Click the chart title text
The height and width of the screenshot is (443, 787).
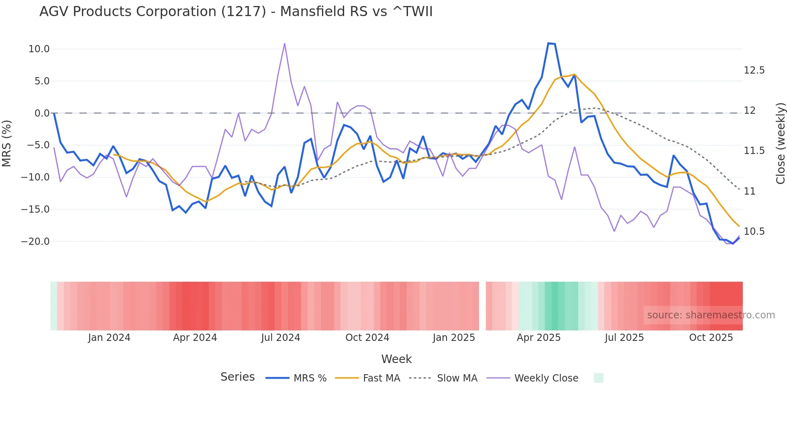coord(236,12)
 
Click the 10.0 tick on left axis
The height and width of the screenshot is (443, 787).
coord(39,49)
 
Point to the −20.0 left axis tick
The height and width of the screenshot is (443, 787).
coord(35,242)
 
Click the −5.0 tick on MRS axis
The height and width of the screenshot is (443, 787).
coord(38,145)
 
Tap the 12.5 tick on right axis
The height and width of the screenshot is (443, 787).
coord(754,70)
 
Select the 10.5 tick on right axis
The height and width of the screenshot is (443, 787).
coord(754,232)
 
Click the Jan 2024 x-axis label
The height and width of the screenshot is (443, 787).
coord(109,338)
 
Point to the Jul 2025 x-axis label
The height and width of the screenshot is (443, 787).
coord(624,338)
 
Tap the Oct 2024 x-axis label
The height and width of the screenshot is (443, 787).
coord(367,338)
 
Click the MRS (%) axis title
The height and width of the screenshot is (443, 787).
coord(7,144)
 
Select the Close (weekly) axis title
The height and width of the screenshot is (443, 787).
coord(780,144)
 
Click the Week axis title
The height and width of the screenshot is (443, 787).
coord(396,359)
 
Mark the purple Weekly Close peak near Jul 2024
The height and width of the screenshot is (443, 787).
coord(285,43)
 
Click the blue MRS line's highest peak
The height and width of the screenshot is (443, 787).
coord(548,43)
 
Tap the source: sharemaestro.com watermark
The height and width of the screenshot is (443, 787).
coord(711,315)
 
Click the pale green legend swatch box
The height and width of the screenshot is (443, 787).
coord(598,378)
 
